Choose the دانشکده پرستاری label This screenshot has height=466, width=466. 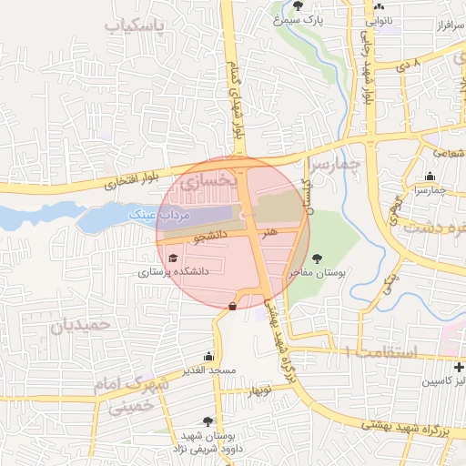pyautogui.click(x=173, y=272)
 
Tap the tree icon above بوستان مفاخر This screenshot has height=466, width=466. pyautogui.click(x=316, y=258)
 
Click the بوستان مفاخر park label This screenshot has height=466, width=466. pyautogui.click(x=314, y=272)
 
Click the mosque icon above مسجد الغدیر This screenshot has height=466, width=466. pyautogui.click(x=209, y=357)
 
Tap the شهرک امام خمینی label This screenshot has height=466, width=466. pyautogui.click(x=131, y=396)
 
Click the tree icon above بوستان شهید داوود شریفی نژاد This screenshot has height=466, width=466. pyautogui.click(x=208, y=421)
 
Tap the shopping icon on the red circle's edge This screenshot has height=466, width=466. pyautogui.click(x=234, y=307)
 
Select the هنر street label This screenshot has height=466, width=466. pyautogui.click(x=268, y=233)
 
